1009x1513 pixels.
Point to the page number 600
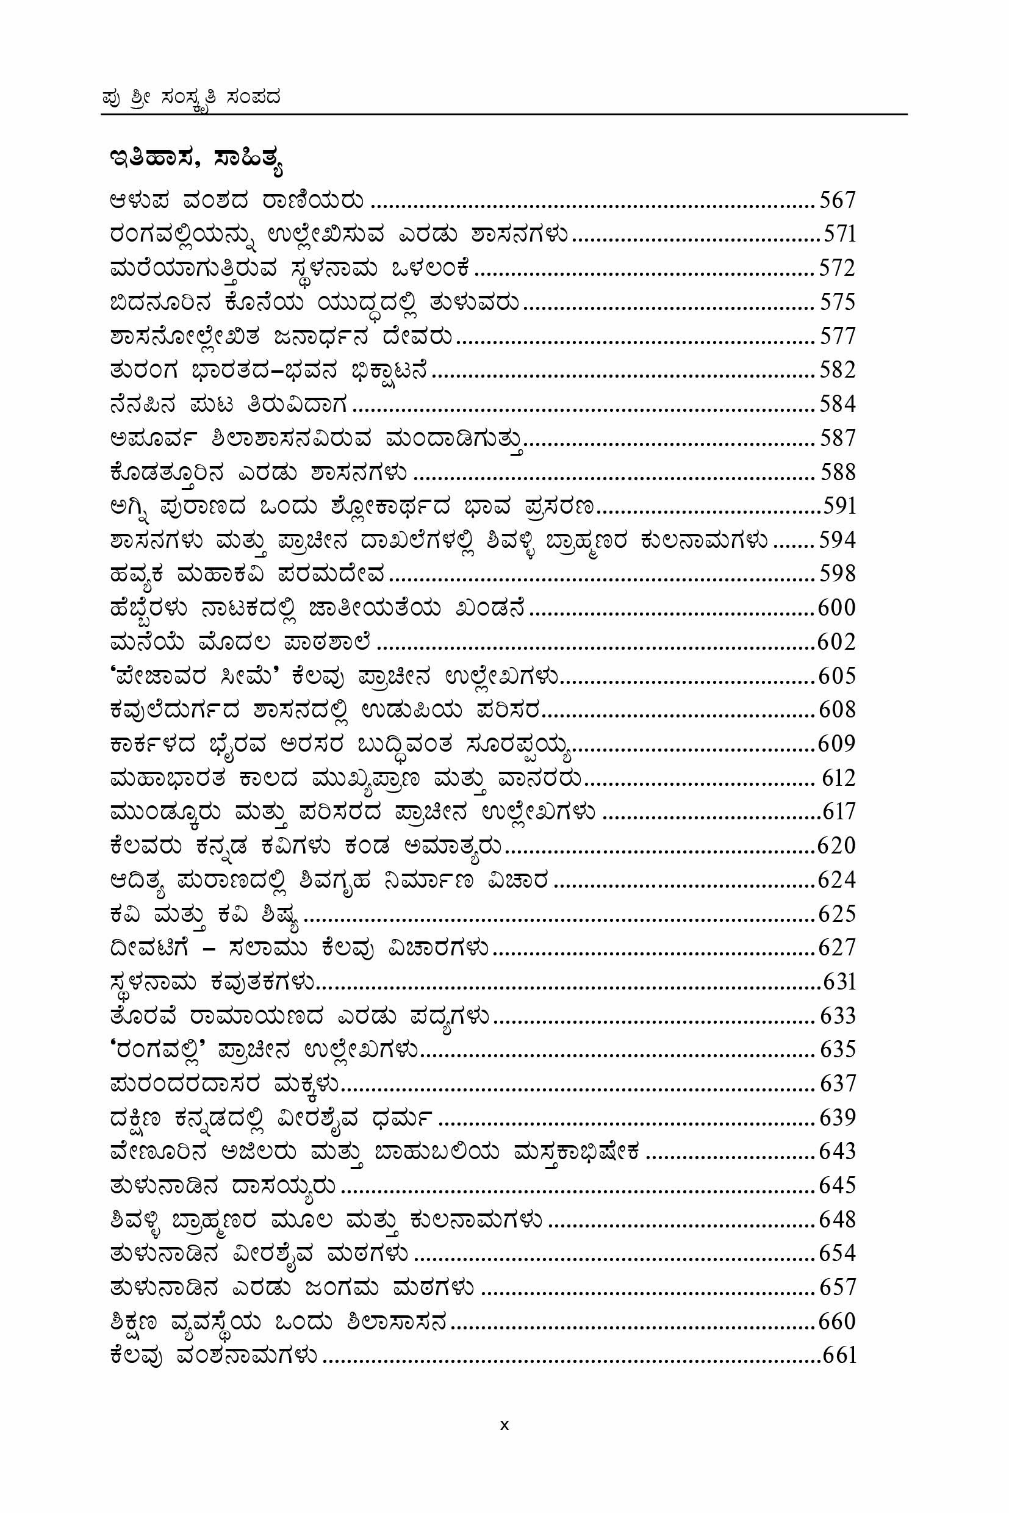[x=836, y=608]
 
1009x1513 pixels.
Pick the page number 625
[x=836, y=914]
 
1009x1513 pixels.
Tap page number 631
[x=839, y=982]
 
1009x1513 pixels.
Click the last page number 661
[x=839, y=1356]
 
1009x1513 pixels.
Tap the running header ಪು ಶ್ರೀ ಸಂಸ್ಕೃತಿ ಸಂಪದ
[x=191, y=98]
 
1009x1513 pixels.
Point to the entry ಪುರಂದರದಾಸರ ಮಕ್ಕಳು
[x=224, y=1084]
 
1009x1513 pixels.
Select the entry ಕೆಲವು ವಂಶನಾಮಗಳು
[x=214, y=1356]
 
